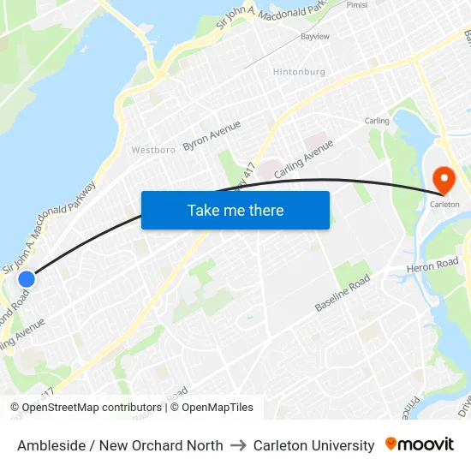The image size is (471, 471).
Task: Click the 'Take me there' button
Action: point(235,210)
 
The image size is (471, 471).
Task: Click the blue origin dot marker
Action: point(27,278)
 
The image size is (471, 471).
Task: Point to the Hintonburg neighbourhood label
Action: point(299,72)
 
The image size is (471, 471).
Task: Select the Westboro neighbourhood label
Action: point(153,150)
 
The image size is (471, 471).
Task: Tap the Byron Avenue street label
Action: point(212,135)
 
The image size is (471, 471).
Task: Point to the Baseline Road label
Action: point(342,293)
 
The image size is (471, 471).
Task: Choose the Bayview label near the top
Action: point(314,37)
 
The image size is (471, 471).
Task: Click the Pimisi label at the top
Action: point(357,4)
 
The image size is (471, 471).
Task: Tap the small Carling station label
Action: point(377,121)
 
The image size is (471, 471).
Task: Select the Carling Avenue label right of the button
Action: point(303,159)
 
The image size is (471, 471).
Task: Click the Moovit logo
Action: point(420,444)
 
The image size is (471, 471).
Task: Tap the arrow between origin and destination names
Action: point(238,445)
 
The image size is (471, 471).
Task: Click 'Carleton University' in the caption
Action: point(313,445)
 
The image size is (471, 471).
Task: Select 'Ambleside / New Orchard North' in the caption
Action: point(120,445)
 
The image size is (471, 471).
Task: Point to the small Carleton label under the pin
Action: point(444,205)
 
